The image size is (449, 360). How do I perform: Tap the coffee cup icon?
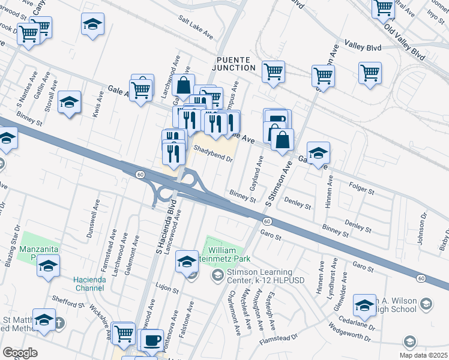pyautogui.click(x=151, y=340)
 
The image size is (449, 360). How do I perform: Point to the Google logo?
pyautogui.click(x=20, y=352)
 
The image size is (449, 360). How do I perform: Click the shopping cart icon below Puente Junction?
pyautogui.click(x=274, y=72)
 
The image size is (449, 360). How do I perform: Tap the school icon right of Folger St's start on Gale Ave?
pyautogui.click(x=318, y=153)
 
